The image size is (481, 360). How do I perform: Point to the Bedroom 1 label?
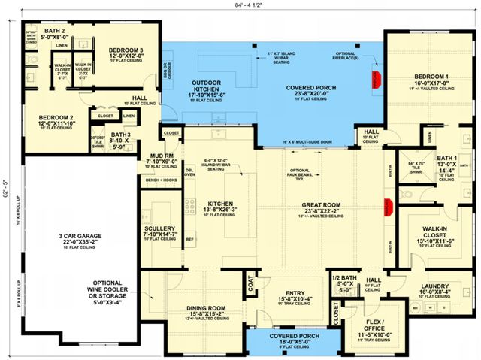(434, 76)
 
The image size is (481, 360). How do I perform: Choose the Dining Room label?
(206, 307)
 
